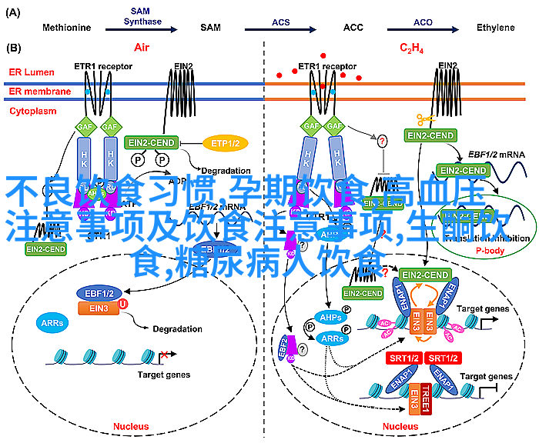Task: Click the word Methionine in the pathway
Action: coord(66,28)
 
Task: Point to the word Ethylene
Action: coord(494,28)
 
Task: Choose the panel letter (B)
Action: coord(13,48)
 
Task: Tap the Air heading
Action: coord(141,48)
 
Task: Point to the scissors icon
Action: coord(425,119)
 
